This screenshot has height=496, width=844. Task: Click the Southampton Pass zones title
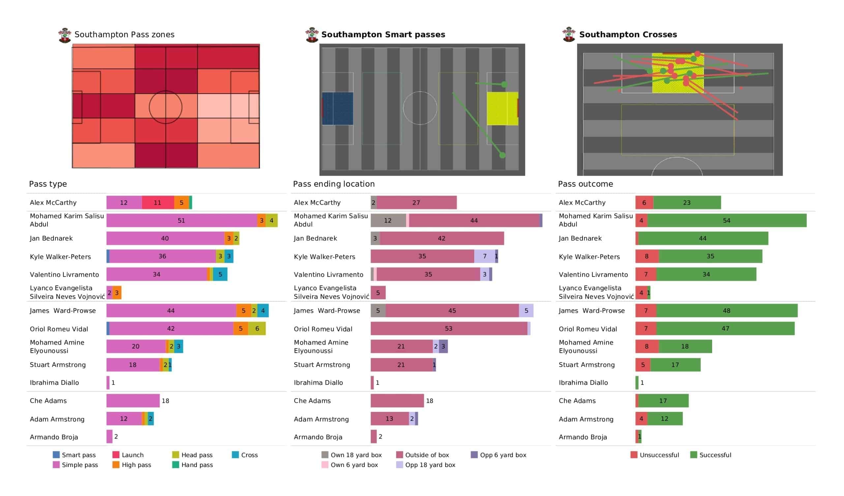coord(124,35)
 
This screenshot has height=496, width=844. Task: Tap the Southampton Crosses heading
coord(628,35)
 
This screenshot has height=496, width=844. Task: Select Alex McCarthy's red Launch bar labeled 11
coord(158,202)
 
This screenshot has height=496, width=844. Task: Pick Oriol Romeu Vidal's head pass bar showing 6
coord(257,328)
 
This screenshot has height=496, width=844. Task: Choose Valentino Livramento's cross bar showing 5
coord(220,274)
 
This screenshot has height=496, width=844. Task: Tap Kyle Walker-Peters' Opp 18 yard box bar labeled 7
coord(485,256)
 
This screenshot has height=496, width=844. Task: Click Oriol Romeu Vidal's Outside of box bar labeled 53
coord(449,328)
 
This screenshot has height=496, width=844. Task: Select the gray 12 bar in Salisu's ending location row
coord(388,221)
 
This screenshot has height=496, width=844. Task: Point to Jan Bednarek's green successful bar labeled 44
coord(703,238)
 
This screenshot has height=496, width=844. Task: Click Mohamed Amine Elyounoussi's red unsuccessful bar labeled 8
coord(647,346)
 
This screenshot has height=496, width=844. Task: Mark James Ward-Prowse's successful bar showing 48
coord(727,311)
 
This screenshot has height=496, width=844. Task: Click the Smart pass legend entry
coord(75,455)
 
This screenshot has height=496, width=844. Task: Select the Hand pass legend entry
coord(193,465)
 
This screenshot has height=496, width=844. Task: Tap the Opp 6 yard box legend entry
coord(499,455)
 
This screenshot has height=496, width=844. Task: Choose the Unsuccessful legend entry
coord(655,455)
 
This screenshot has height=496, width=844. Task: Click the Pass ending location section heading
coord(334,184)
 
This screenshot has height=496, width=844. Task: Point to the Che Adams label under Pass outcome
coord(577,401)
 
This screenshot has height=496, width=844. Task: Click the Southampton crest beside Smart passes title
coord(312,35)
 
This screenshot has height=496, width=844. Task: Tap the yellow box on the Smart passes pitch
coord(502,108)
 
